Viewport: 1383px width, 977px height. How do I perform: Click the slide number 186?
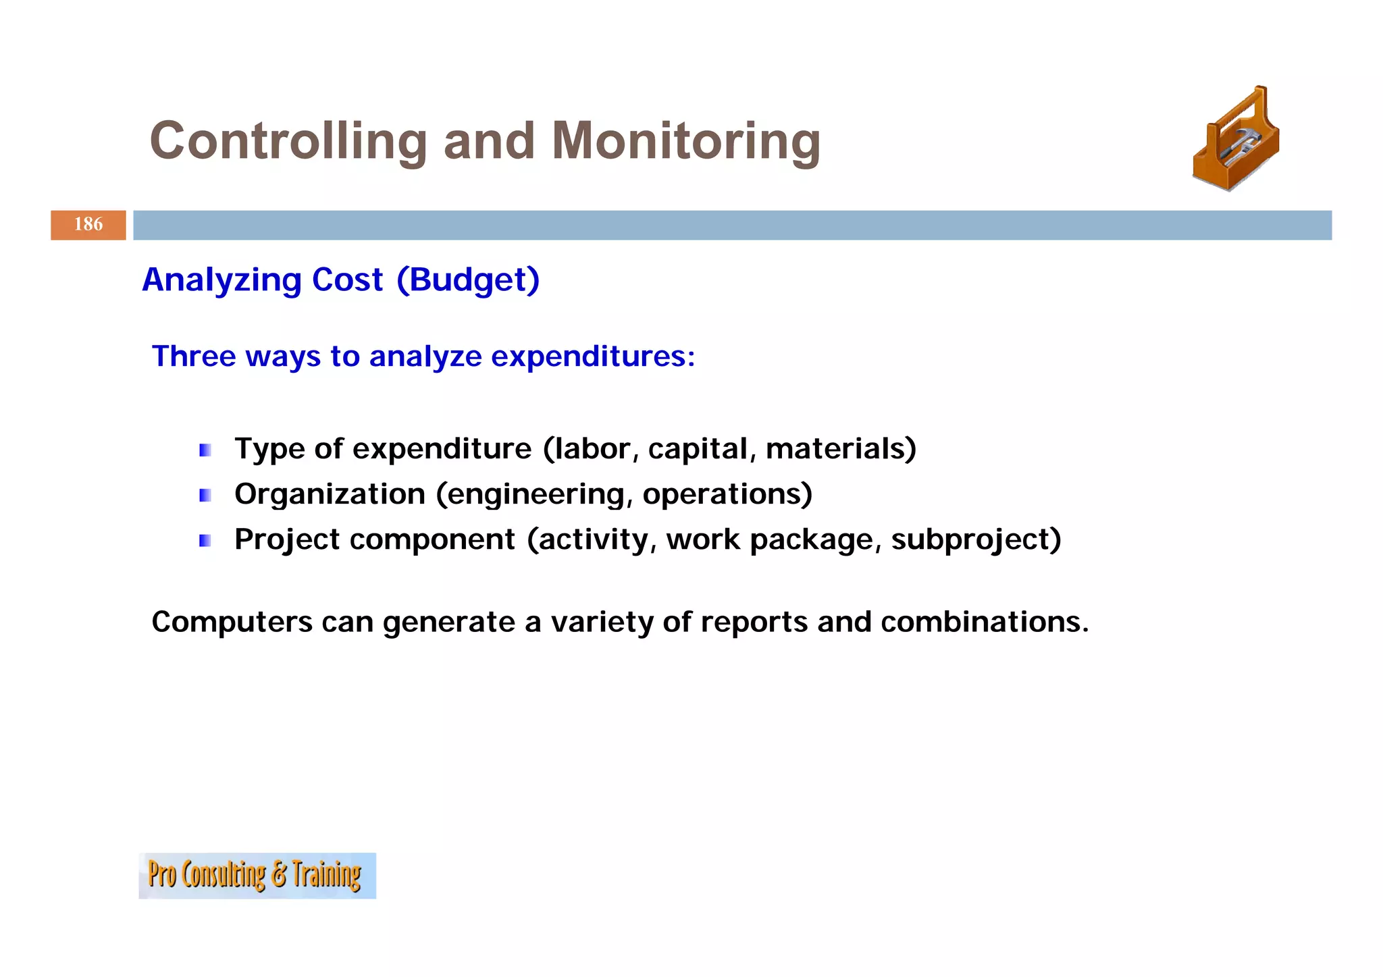coord(88,225)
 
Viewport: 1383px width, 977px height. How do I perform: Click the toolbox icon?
coord(1236,140)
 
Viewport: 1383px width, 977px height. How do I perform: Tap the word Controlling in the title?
coord(288,141)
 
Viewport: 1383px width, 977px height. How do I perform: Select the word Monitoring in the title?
coord(685,141)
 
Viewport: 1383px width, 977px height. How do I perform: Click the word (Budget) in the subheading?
coord(468,280)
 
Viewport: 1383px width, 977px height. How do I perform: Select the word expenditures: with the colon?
coord(593,357)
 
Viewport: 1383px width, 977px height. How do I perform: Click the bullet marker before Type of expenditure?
coord(205,450)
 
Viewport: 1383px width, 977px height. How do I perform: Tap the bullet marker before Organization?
coord(205,496)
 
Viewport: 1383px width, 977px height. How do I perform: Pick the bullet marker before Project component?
coord(205,541)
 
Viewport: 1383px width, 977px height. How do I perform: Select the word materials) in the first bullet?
coord(841,449)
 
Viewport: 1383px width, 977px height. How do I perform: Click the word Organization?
coord(330,495)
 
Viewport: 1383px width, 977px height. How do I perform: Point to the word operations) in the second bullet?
coord(727,495)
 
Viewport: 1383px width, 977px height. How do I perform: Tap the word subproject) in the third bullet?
coord(976,540)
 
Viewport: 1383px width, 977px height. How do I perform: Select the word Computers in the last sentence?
coord(232,622)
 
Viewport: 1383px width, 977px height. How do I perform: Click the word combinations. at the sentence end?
coord(985,622)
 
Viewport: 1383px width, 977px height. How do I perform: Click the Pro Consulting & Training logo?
coord(257,876)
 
